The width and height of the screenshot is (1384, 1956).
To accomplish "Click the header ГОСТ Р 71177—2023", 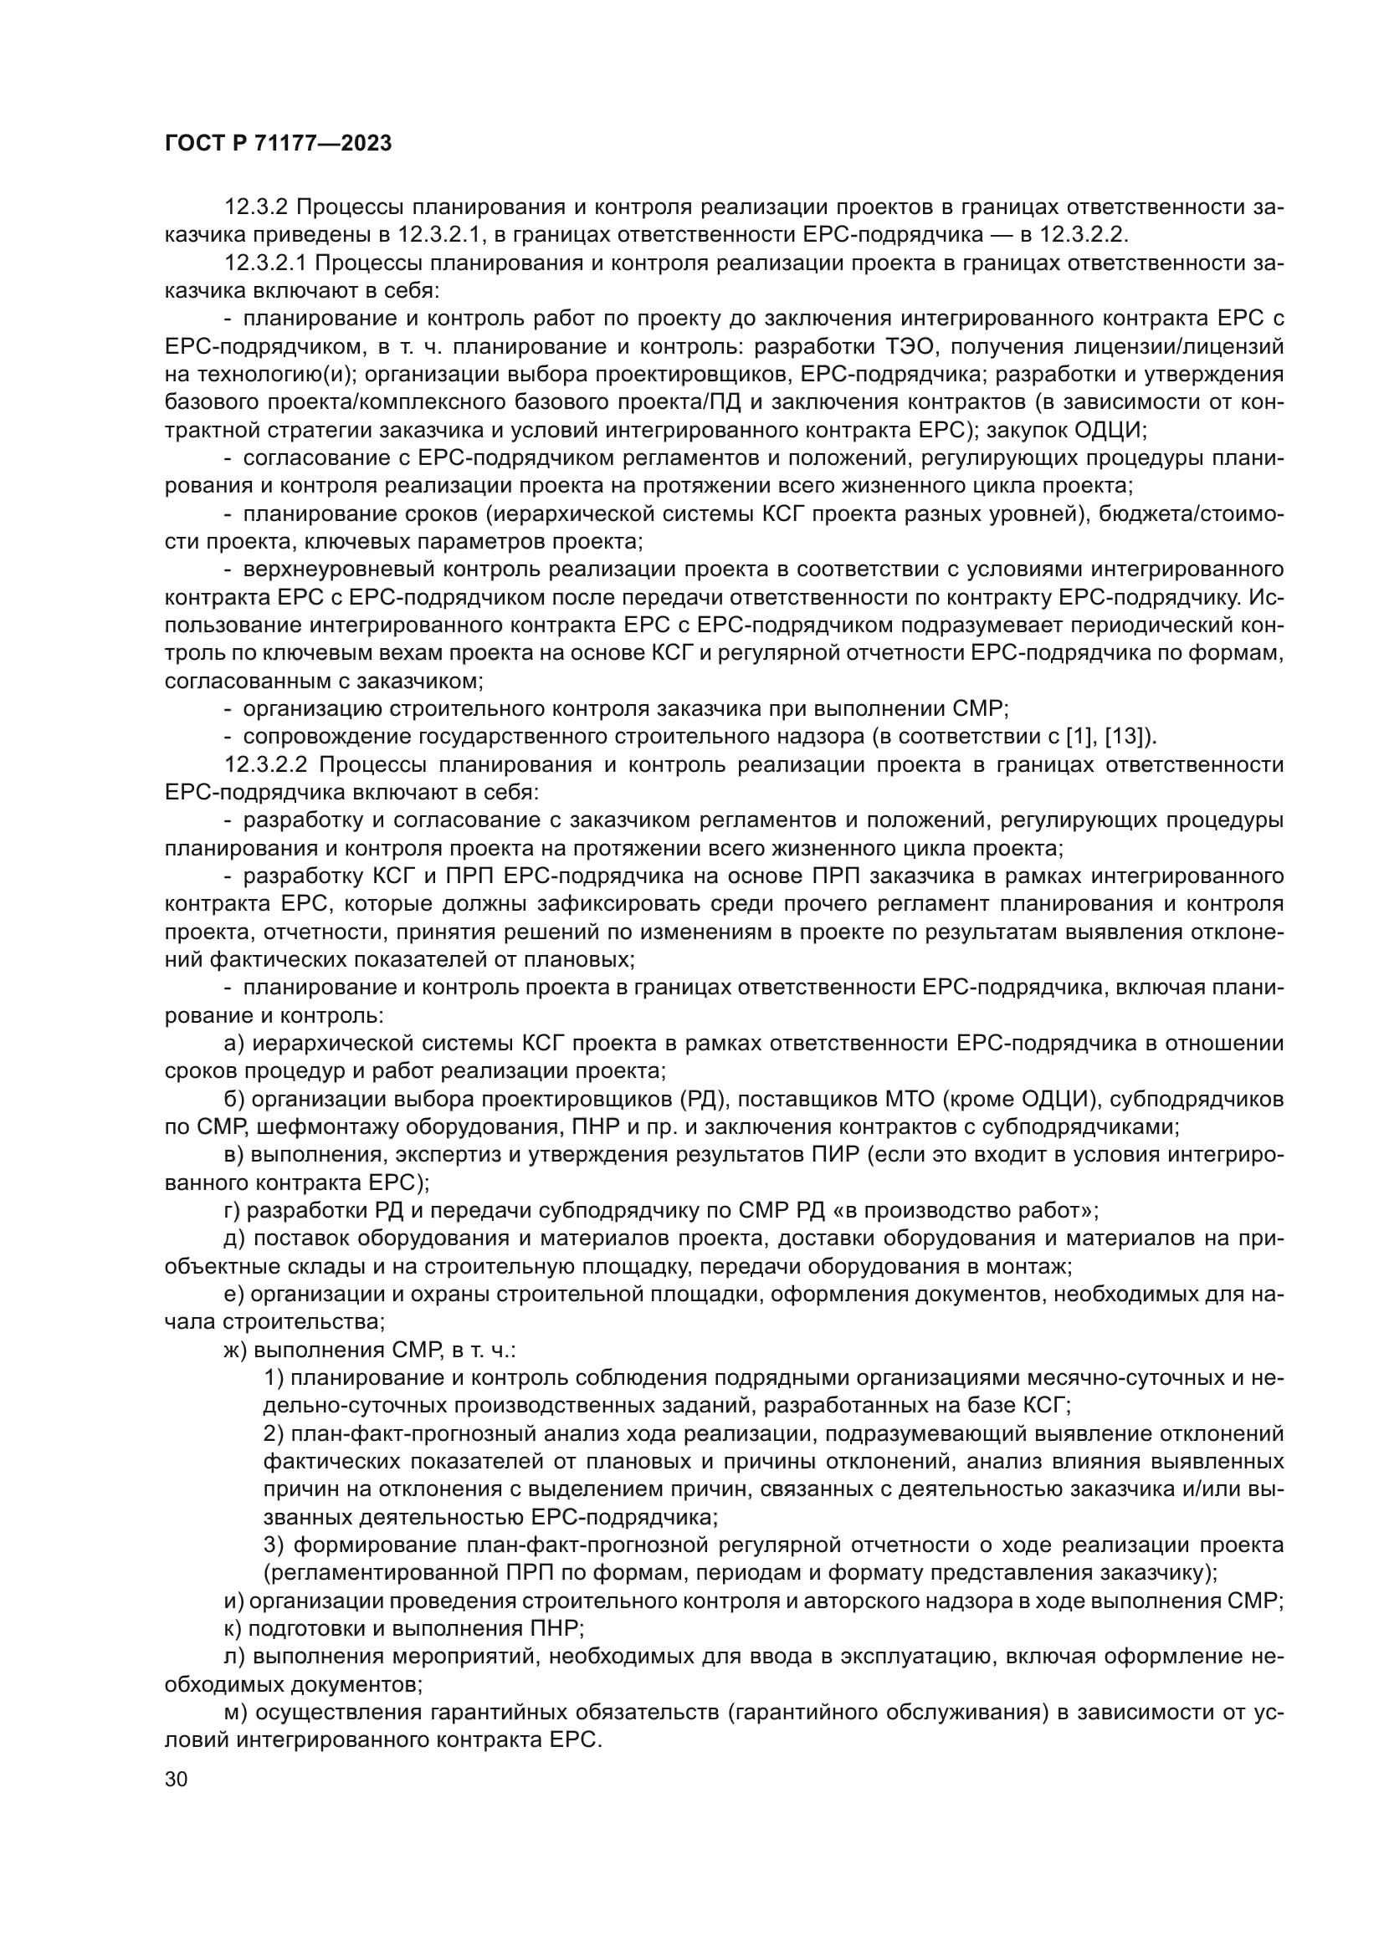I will (278, 144).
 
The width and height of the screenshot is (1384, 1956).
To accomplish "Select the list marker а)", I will (234, 1043).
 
